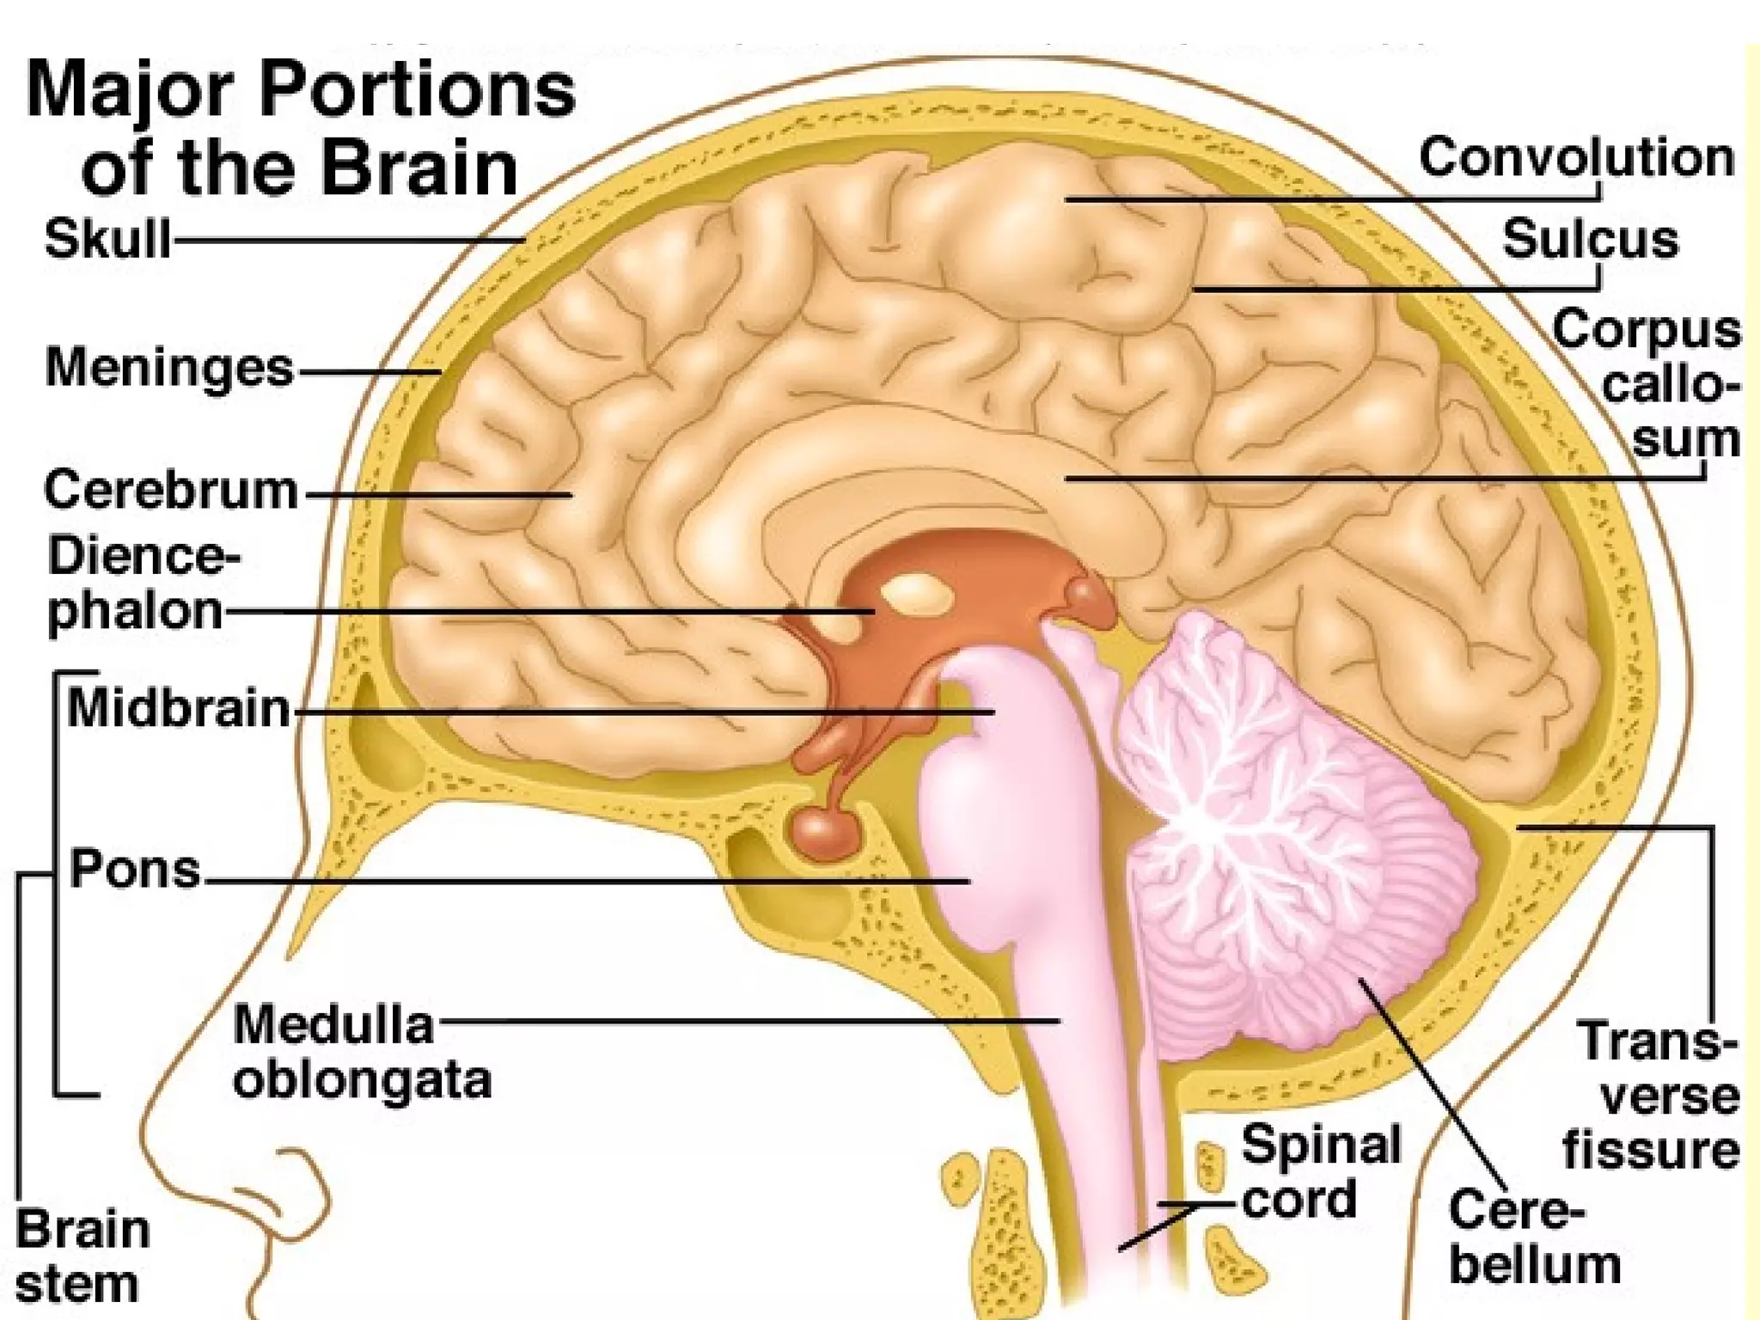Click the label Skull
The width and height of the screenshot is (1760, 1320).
click(x=108, y=238)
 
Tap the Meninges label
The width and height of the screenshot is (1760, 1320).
click(x=169, y=368)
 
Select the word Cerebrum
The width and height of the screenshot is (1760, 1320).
click(x=171, y=491)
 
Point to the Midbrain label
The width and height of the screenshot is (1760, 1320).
click(x=179, y=709)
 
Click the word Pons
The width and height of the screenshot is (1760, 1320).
click(x=135, y=869)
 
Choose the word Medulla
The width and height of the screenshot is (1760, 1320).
click(x=333, y=1024)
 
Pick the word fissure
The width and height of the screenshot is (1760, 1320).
click(x=1651, y=1150)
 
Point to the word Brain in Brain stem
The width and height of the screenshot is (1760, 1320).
click(x=82, y=1229)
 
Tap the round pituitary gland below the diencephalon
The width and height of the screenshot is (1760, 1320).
click(x=824, y=831)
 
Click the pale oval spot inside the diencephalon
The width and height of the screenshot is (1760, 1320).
click(x=917, y=595)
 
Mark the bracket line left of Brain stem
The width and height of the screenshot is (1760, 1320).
click(x=19, y=1031)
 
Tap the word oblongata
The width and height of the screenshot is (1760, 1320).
click(x=362, y=1080)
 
